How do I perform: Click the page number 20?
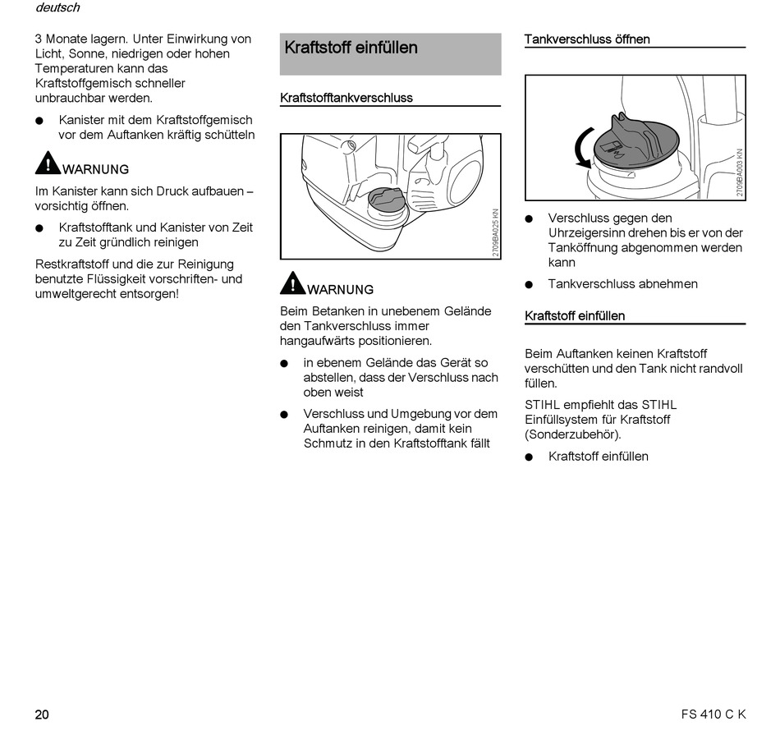[42, 714]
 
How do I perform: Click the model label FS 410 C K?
[713, 714]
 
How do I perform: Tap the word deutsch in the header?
[57, 8]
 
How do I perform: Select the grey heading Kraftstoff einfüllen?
[351, 48]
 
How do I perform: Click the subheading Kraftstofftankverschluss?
[346, 98]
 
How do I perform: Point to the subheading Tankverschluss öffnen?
[586, 39]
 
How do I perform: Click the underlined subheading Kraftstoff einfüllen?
[575, 316]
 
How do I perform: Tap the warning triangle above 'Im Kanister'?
[48, 163]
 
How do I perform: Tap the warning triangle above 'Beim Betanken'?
[292, 283]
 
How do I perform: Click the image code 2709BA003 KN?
[740, 172]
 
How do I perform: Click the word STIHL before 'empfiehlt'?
[543, 405]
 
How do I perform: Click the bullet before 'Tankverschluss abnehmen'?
[530, 284]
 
